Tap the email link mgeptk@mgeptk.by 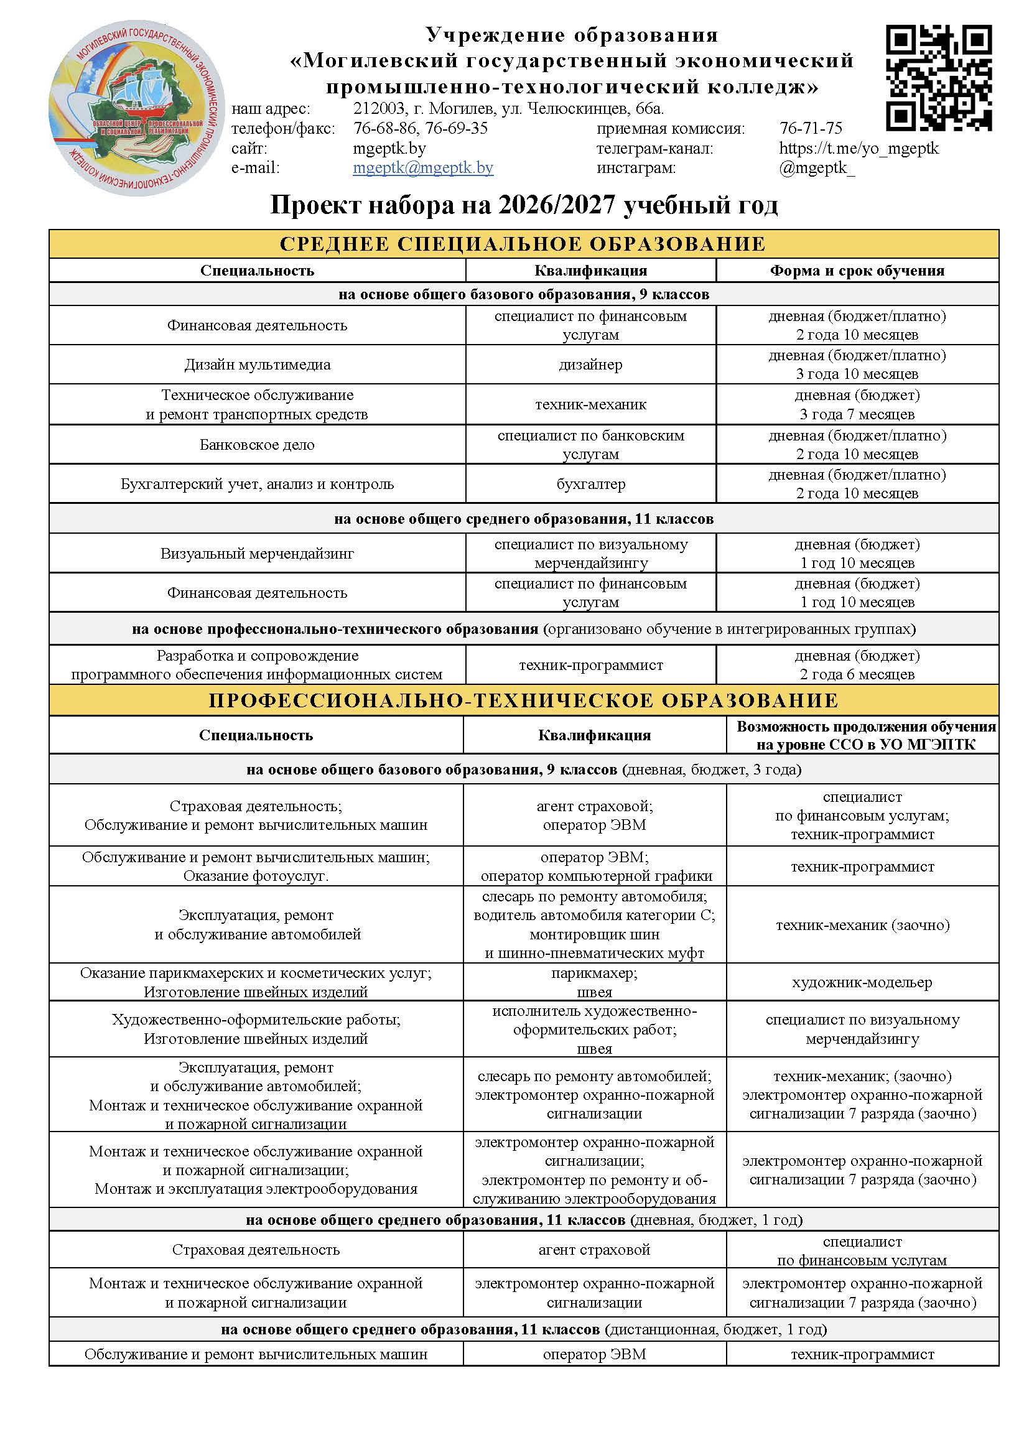pos(422,168)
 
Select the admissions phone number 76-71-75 pos(811,129)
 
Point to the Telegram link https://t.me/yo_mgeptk pos(859,148)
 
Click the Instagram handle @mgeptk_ pos(816,168)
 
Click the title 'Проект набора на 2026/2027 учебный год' pos(523,205)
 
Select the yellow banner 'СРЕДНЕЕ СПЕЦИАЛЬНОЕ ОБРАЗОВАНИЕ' pos(523,244)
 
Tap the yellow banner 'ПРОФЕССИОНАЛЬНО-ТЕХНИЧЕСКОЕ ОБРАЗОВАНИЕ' pos(523,700)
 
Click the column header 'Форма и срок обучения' pos(857,271)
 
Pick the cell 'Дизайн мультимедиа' pos(258,365)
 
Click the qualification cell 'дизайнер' pos(590,365)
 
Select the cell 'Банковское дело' pos(258,445)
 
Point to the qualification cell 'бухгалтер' pos(590,484)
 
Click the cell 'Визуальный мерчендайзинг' pos(258,553)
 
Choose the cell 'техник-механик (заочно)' pos(862,924)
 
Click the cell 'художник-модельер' pos(862,982)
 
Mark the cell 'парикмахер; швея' pos(594,982)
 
